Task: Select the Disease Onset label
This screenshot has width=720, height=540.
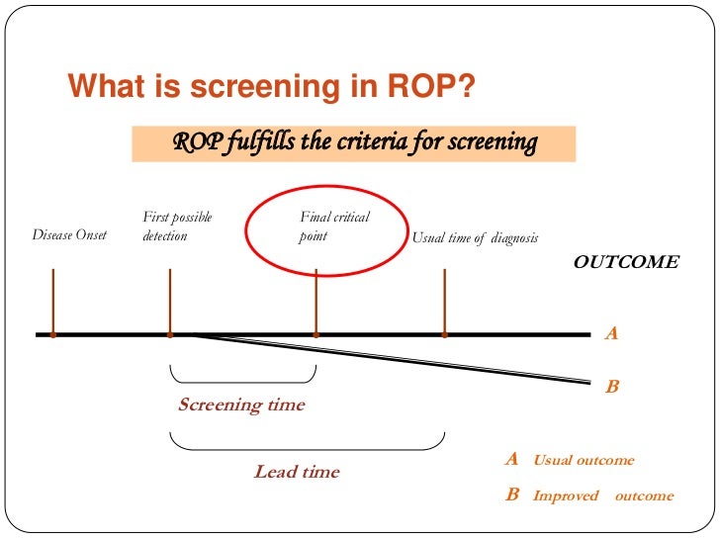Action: [69, 235]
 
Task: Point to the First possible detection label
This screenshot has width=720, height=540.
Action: [177, 226]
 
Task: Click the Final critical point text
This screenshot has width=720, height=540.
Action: [334, 226]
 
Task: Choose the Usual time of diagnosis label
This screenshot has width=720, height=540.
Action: [475, 237]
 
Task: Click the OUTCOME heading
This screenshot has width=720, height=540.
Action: [626, 262]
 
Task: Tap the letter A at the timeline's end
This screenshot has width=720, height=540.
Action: [611, 334]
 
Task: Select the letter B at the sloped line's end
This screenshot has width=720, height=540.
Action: [611, 387]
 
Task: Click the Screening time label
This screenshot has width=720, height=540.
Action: [241, 405]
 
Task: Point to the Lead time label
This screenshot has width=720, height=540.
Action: [296, 472]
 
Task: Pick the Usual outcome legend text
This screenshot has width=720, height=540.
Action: [584, 460]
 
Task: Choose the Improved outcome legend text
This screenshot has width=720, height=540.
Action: [603, 495]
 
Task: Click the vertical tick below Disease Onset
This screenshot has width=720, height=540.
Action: [52, 301]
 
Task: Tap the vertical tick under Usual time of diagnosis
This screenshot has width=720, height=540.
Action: [445, 301]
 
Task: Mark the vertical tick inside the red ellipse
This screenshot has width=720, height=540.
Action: [315, 301]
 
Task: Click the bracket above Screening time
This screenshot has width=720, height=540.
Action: [242, 377]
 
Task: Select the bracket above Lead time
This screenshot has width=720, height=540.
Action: [307, 442]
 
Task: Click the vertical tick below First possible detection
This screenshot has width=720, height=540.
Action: [170, 301]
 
